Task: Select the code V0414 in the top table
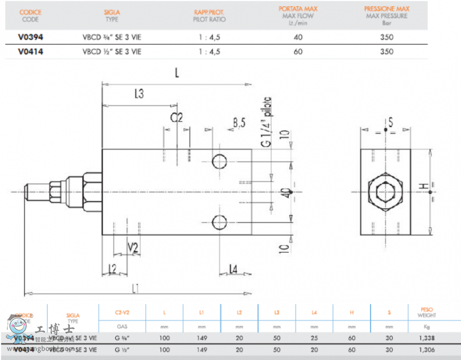[x=30, y=51]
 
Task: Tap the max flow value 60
[x=298, y=51]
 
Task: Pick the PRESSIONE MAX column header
[x=387, y=9]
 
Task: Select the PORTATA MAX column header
[x=298, y=9]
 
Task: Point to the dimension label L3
[x=138, y=94]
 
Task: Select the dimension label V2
[x=133, y=248]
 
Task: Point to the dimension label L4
[x=233, y=268]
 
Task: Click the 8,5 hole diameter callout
[x=239, y=122]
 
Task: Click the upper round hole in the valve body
[x=220, y=161]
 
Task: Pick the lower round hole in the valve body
[x=220, y=222]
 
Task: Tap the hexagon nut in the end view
[x=384, y=191]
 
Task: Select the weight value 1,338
[x=427, y=338]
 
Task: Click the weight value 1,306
[x=427, y=350]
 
